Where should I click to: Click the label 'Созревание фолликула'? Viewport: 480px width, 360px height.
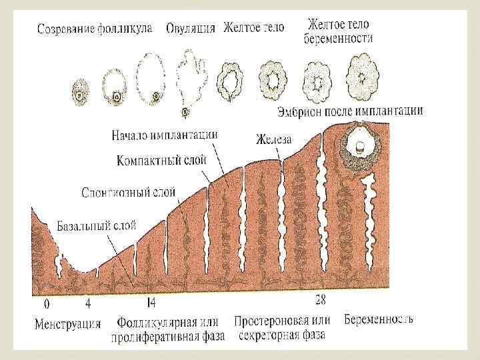(94, 29)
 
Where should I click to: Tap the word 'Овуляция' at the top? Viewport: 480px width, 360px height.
(191, 28)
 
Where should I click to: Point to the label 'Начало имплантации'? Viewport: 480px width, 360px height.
(164, 135)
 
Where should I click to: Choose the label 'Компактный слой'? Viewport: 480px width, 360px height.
(161, 160)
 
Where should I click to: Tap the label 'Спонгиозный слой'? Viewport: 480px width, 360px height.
(128, 193)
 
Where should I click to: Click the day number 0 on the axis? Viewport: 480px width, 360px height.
(46, 304)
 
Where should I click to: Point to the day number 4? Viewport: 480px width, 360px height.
(88, 304)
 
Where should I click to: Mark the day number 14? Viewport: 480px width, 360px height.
(151, 304)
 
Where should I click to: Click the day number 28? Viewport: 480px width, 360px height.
(321, 298)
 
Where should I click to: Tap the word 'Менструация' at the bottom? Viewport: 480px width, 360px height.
(67, 325)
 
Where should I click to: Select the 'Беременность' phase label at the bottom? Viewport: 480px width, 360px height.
(379, 319)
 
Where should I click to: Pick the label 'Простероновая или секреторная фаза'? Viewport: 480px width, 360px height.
(283, 327)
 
